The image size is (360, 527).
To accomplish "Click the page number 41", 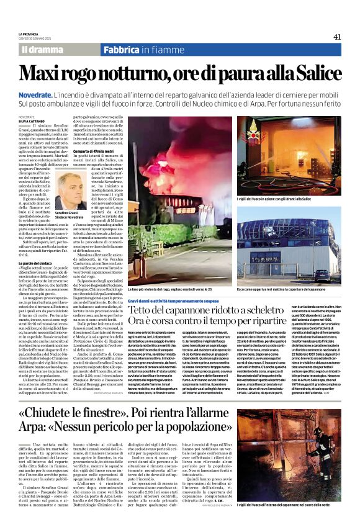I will (x=337, y=37).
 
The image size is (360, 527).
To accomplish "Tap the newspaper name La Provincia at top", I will (x=28, y=34).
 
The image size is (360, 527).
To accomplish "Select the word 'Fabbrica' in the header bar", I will (x=120, y=49).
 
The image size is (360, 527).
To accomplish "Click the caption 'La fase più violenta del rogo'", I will (x=149, y=290).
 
